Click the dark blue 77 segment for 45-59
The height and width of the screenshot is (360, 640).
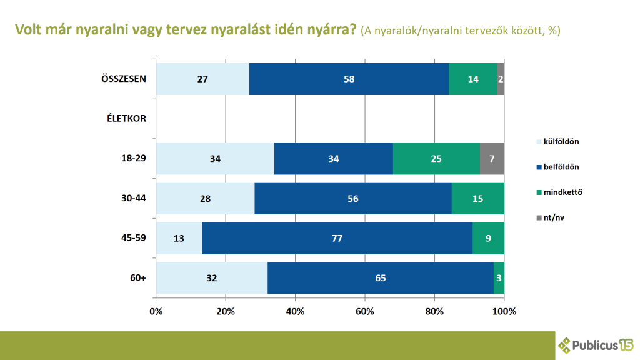click(x=337, y=238)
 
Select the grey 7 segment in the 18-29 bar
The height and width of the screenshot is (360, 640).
click(x=492, y=159)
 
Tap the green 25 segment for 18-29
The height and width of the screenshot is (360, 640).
click(x=436, y=159)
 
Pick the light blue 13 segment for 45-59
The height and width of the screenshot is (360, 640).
click(x=179, y=238)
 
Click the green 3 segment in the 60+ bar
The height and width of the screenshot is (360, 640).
click(x=499, y=277)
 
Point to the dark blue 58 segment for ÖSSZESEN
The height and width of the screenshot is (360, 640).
click(x=349, y=79)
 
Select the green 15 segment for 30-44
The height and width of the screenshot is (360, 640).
click(x=478, y=198)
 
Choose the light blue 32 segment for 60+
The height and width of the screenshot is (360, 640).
click(x=212, y=277)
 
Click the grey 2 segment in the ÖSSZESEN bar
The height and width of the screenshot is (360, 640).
click(x=501, y=79)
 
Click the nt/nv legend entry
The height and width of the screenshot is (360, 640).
click(x=551, y=217)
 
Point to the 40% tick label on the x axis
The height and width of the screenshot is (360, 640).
click(x=296, y=311)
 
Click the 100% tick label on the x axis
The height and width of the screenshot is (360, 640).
click(x=504, y=311)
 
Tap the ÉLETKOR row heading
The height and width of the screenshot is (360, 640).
click(x=126, y=119)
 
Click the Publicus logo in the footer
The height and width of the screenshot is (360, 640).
click(x=596, y=345)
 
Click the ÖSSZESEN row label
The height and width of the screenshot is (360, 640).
click(x=124, y=79)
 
